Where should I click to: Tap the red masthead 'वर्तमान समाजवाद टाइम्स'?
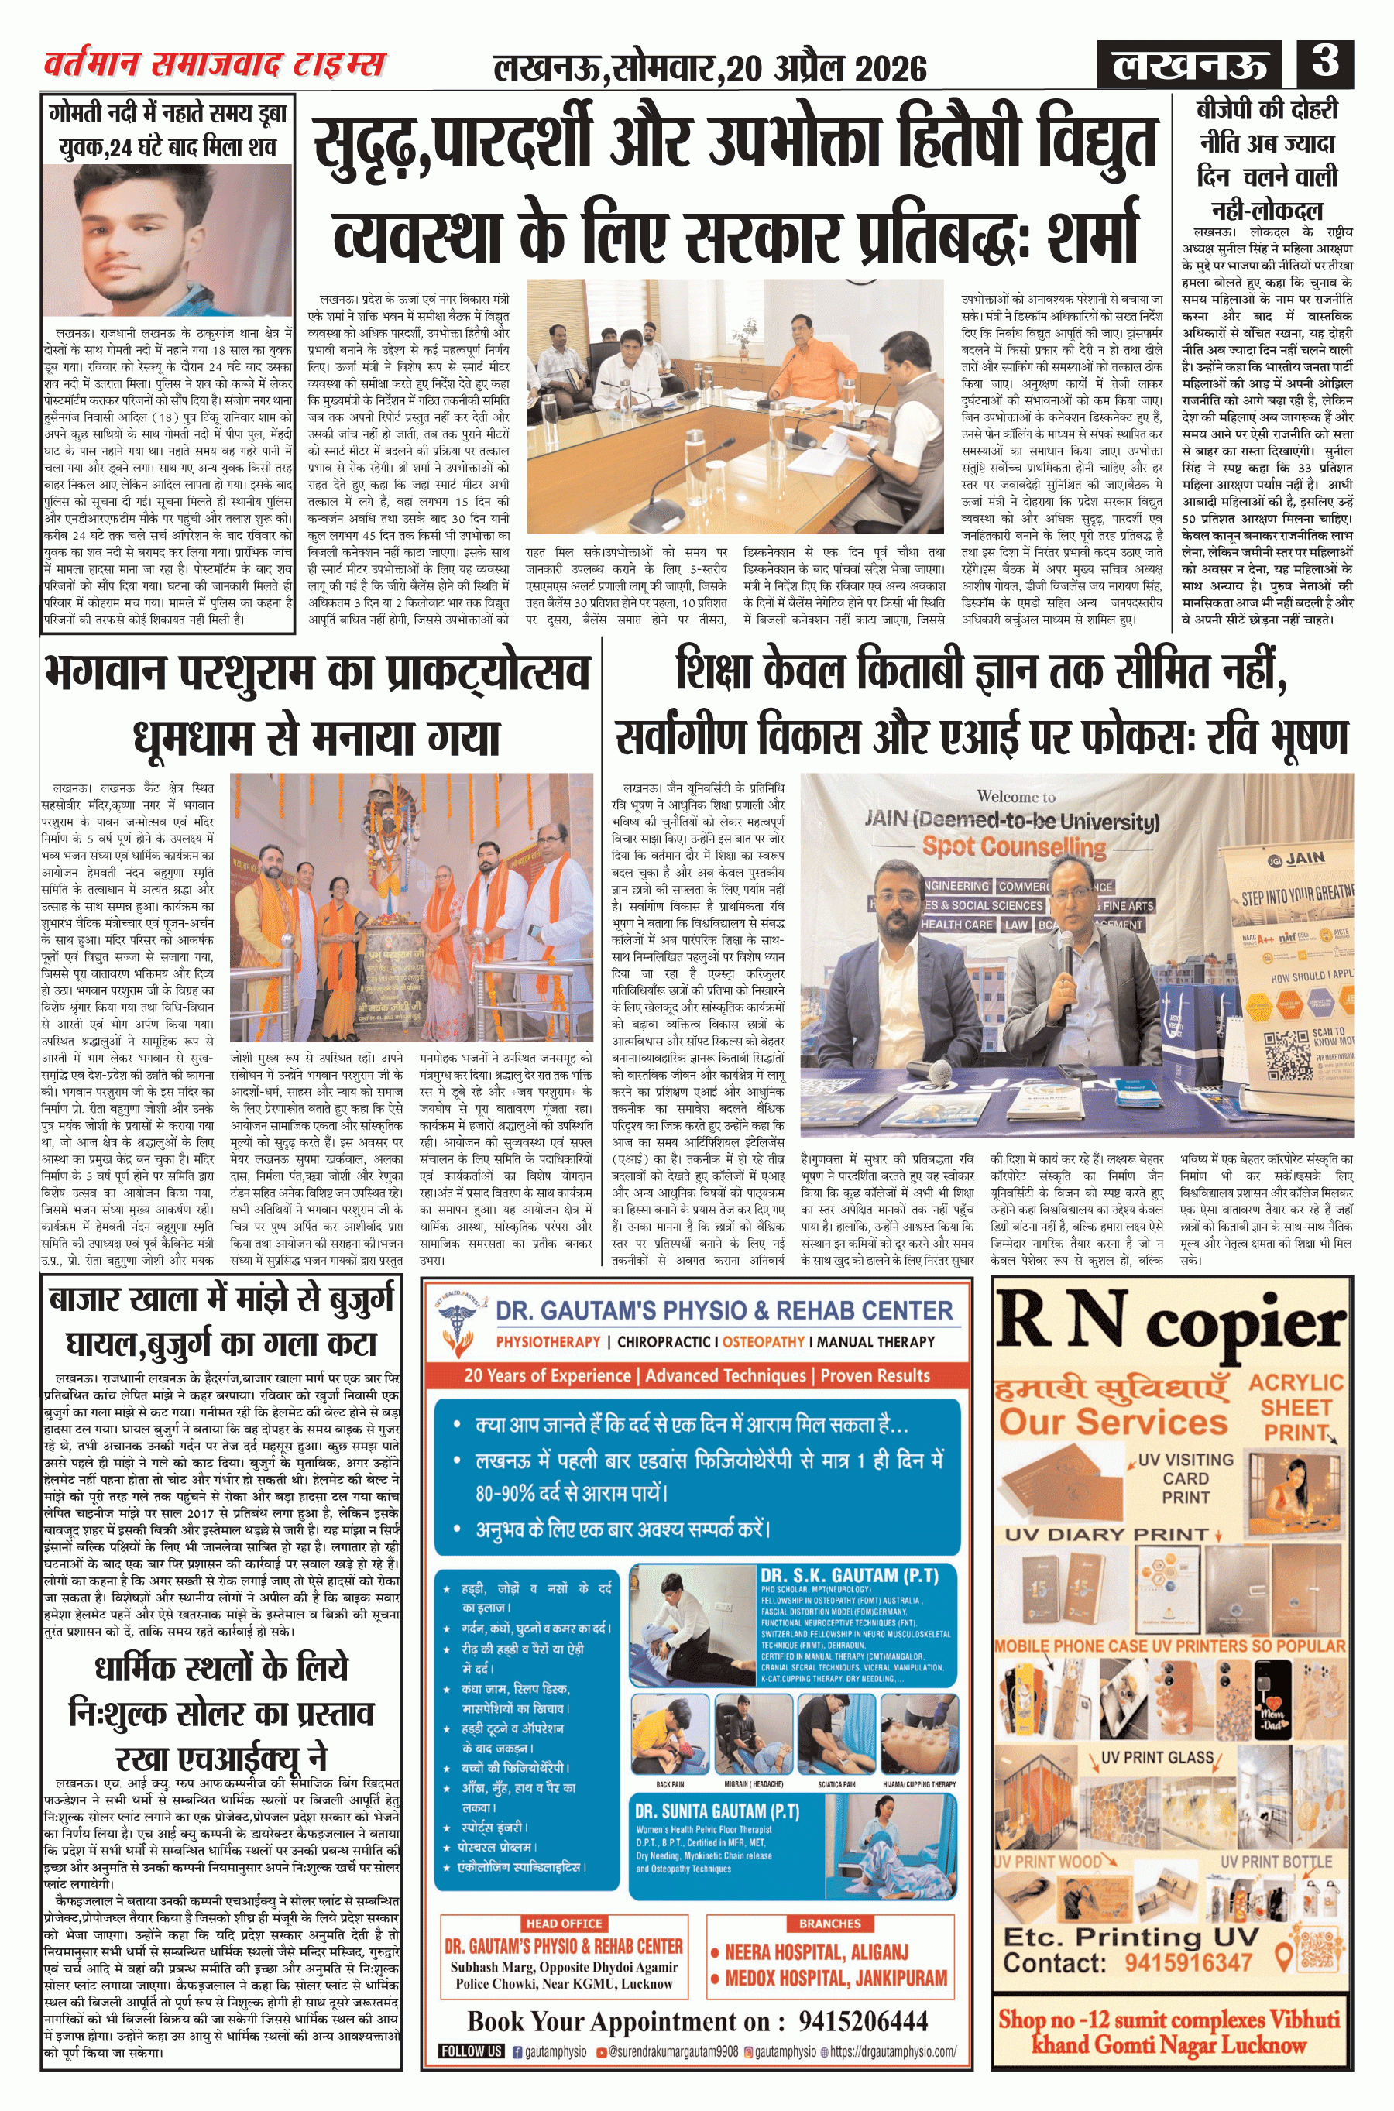pos(215,64)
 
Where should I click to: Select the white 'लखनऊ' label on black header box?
pos(1190,65)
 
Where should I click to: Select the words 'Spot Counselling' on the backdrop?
pos(1014,846)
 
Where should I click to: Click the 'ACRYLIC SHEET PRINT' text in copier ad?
pos(1296,1407)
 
